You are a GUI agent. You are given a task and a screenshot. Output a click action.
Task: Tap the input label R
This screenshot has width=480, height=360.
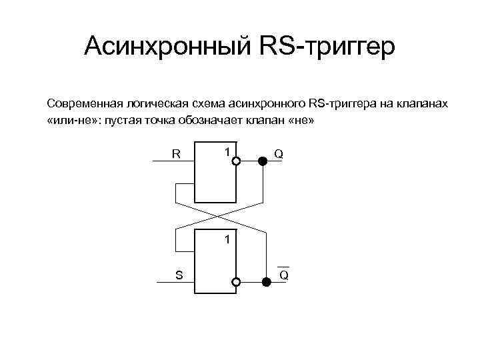coord(176,154)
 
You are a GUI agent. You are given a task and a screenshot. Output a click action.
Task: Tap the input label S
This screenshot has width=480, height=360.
coord(179,275)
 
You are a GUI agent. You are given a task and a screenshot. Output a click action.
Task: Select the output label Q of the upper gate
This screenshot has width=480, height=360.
coord(279,154)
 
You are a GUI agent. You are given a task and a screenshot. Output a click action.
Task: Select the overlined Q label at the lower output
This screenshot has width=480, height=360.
coord(283,274)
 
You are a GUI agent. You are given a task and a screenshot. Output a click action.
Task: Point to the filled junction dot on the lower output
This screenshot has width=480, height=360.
coord(265,283)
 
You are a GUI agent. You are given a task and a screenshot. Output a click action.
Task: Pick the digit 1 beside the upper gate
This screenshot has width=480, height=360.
coord(227,152)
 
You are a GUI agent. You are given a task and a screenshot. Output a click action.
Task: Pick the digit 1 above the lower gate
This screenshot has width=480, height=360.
coord(227,238)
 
